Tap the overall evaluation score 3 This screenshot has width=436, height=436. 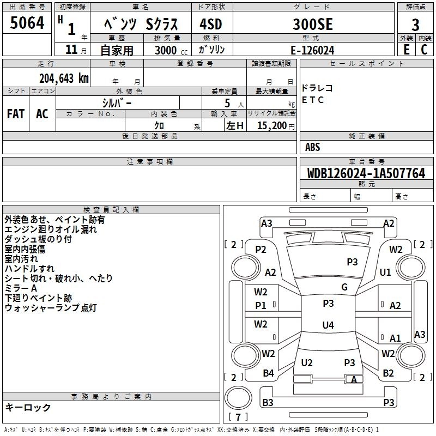415,25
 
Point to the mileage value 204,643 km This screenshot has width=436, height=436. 64,78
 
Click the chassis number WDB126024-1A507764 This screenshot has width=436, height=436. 366,174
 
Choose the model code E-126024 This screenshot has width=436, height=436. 312,50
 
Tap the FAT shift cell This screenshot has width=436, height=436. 16,114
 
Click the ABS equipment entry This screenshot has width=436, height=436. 313,147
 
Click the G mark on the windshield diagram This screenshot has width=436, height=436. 344,287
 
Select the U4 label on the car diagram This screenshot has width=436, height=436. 328,325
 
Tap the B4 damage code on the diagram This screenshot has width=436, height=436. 268,373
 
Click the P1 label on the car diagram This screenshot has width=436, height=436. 261,306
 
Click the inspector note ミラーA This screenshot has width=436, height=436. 21,288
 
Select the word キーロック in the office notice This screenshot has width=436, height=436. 28,407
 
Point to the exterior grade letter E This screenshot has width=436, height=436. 406,50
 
